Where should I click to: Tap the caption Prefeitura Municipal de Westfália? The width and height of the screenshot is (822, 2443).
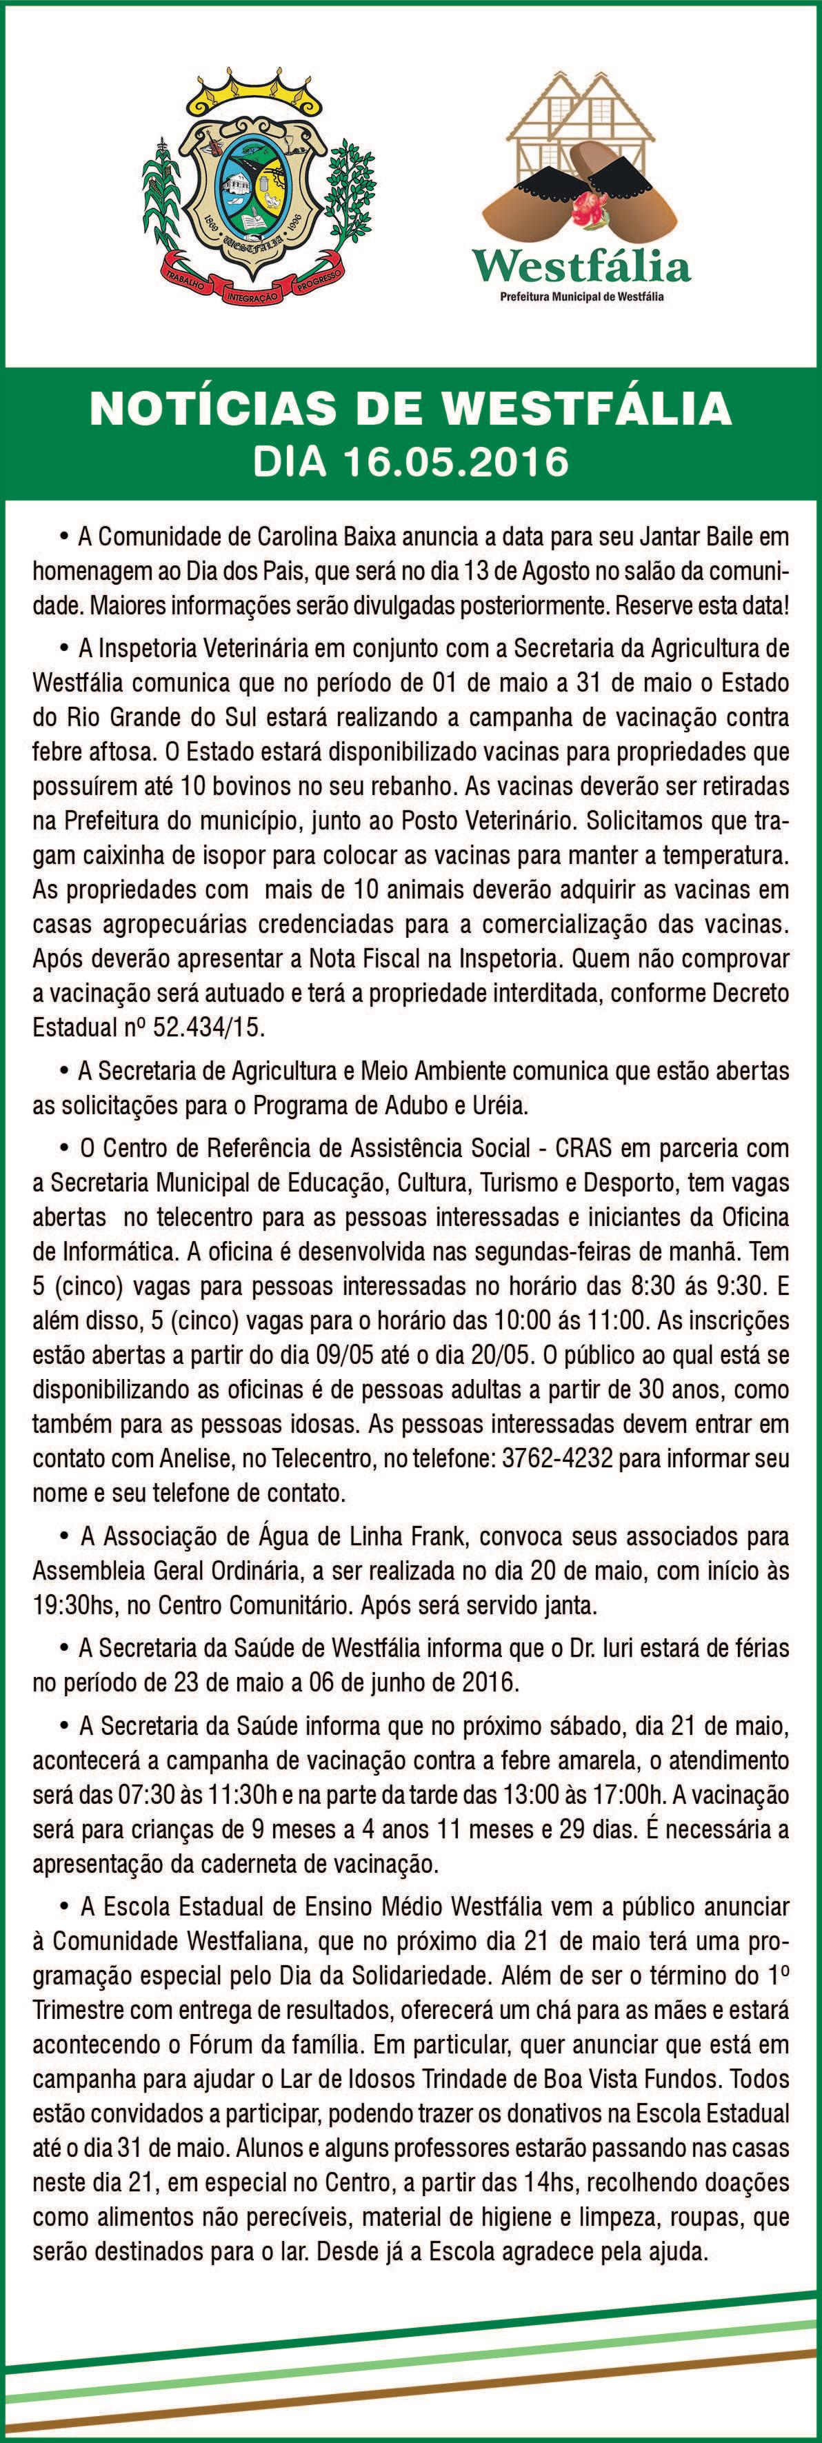pyautogui.click(x=582, y=296)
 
